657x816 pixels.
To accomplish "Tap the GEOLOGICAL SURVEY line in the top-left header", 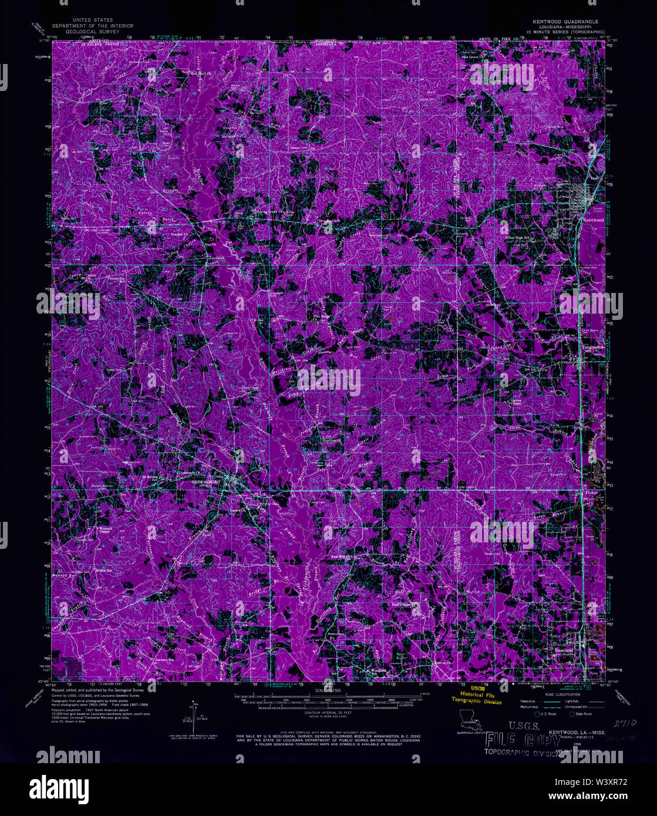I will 93,31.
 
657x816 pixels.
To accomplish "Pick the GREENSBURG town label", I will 210,481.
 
